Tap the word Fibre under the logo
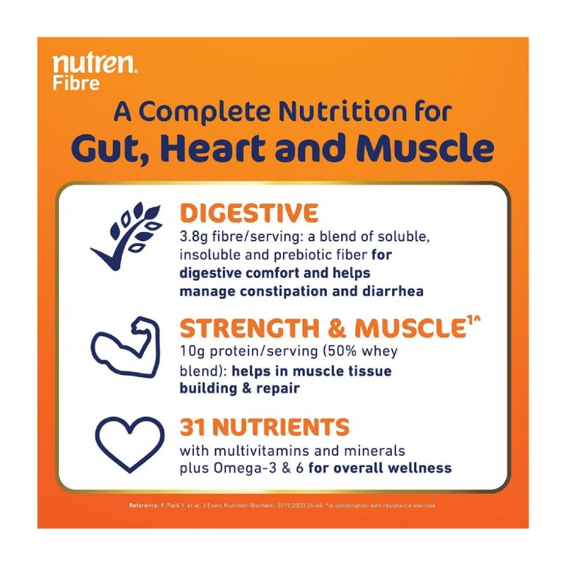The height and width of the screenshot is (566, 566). click(x=76, y=83)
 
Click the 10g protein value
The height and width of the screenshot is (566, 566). click(x=190, y=352)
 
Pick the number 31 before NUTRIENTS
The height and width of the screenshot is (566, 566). click(x=192, y=427)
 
